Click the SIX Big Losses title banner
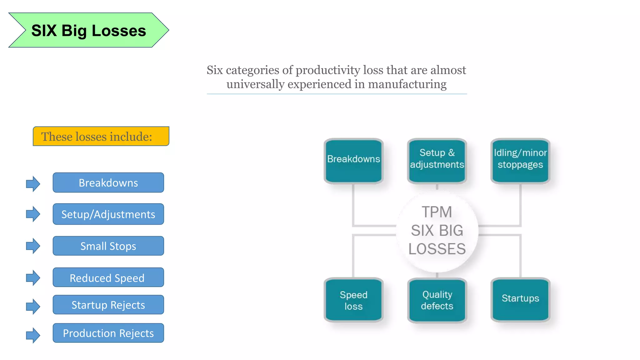point(88,30)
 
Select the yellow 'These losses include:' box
point(101,136)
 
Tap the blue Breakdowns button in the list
point(108,182)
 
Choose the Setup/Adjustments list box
point(108,214)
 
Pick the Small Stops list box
point(108,246)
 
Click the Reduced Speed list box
point(108,277)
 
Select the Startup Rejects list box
point(108,305)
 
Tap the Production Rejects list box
point(108,333)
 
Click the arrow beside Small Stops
point(33,246)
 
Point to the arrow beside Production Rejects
point(33,335)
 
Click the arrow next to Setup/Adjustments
point(33,214)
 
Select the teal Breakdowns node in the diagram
point(353,161)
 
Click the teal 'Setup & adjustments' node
point(437,161)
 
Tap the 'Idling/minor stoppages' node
point(520,161)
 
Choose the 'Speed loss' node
point(353,300)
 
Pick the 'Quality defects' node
point(437,300)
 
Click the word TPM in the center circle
point(437,212)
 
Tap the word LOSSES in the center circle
point(437,249)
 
